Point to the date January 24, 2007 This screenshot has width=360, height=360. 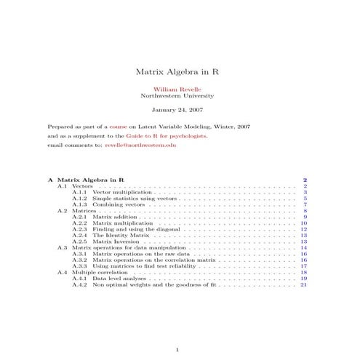pyautogui.click(x=180, y=111)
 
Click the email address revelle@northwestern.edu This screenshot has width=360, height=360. pyautogui.click(x=140, y=145)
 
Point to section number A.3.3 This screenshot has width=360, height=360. pyautogui.click(x=80, y=266)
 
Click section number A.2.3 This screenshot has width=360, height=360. pyautogui.click(x=80, y=229)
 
